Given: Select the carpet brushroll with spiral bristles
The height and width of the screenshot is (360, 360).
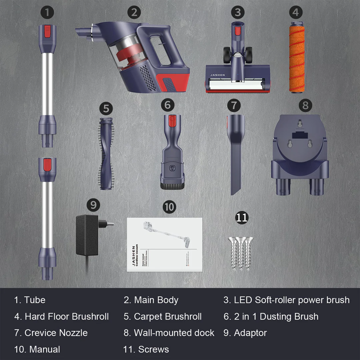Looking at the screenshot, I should (106, 153).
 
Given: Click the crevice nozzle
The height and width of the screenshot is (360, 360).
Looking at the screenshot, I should (235, 153).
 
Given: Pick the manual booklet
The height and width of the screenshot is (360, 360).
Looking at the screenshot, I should (165, 245).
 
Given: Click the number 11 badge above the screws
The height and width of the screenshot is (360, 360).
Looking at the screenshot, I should (242, 217).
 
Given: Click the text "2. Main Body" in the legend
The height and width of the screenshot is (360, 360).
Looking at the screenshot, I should (151, 300).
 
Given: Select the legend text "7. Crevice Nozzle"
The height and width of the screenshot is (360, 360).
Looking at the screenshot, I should (51, 333).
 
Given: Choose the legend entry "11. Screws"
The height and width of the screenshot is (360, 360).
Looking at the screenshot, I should (146, 349).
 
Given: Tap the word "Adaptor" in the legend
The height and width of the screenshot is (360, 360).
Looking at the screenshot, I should (250, 333).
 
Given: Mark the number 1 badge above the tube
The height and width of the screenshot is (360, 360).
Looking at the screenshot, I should (48, 12).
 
